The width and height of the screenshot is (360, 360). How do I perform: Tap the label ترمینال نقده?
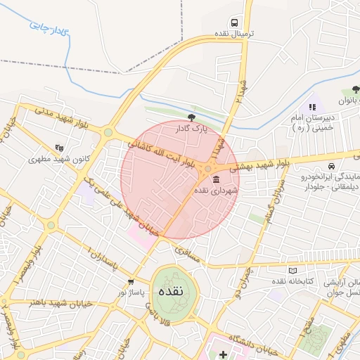click(234, 34)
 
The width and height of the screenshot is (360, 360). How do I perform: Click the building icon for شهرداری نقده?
click(216, 179)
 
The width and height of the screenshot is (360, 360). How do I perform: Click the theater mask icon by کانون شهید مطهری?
click(60, 148)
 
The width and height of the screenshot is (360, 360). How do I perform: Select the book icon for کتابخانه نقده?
click(292, 271)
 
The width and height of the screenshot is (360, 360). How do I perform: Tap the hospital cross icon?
click(223, 354)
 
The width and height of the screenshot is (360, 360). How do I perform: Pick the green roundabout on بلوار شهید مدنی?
click(108, 131)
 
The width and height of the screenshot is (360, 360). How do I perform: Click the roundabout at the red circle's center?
click(209, 170)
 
